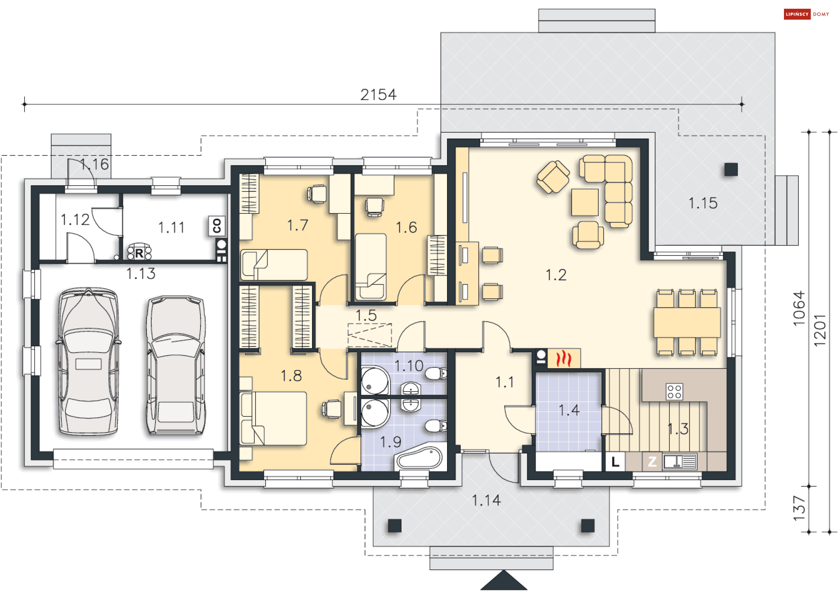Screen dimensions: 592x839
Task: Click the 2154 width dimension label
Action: pos(378,94)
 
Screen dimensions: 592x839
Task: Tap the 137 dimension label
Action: pos(799,508)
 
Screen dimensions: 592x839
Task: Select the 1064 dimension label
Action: pos(799,308)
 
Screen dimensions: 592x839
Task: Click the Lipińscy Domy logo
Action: pos(806,14)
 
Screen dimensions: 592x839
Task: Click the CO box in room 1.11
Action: pos(217,226)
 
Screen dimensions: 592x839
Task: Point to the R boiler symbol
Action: pos(139,253)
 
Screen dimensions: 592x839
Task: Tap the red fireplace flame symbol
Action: pos(564,359)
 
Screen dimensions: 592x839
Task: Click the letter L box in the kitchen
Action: pos(615,461)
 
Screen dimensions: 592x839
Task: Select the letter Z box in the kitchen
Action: pos(652,461)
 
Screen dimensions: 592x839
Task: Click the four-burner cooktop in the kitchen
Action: pos(674,391)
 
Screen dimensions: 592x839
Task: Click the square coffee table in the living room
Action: pos(585,202)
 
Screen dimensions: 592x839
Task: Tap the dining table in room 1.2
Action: pos(686,322)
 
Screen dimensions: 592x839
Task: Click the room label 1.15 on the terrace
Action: pos(703,203)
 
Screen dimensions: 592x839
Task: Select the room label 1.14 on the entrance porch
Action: pos(486,500)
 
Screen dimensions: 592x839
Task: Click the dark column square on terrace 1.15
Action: pos(731,169)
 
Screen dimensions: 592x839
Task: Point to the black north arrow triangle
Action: pos(503,582)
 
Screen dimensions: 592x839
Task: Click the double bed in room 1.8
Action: pos(274,418)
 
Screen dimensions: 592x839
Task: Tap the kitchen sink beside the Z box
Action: pos(679,461)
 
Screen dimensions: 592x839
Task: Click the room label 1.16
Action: pos(94,164)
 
